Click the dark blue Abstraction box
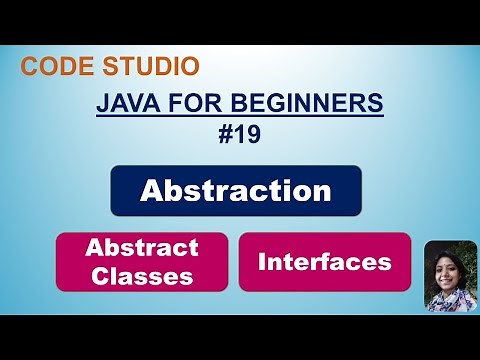235,190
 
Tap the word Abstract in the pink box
142,248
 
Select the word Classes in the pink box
142,276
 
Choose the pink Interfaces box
324,262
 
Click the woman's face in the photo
449,268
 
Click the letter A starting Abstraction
151,190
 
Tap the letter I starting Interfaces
263,262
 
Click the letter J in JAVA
102,103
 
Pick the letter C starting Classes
98,276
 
